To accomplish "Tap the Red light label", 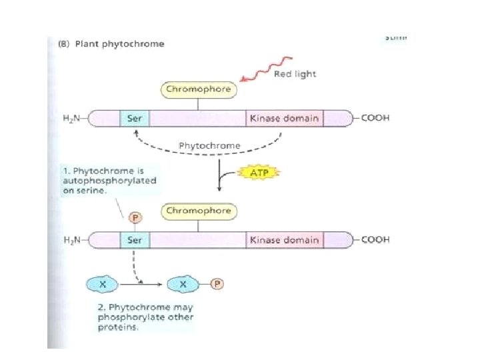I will tap(295, 73).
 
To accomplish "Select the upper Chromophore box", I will tap(198, 89).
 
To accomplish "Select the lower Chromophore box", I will tap(198, 211).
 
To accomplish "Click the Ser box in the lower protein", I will tap(135, 240).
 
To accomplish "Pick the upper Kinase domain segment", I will tap(283, 119).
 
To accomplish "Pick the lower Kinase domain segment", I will tap(283, 240).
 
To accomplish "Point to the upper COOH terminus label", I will tap(375, 119).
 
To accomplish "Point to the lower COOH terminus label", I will tap(375, 240).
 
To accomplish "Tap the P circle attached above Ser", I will tap(134, 217).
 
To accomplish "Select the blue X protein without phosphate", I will tap(103, 284).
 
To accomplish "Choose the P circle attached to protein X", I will tap(217, 284).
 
